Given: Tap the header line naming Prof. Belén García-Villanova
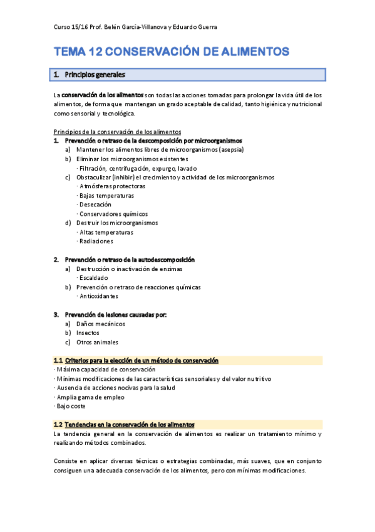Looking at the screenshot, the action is (x=136, y=27).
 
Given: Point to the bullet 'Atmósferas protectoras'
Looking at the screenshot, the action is (x=113, y=186).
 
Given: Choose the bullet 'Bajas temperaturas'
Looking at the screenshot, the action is (x=108, y=195).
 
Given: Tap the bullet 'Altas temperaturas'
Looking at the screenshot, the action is (x=106, y=231).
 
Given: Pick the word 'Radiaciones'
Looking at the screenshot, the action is (x=96, y=241).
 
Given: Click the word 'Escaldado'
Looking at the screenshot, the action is (x=94, y=277).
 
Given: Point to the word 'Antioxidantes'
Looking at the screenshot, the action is (x=99, y=295).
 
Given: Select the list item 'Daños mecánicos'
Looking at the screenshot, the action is (x=101, y=324).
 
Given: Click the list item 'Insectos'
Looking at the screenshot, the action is (x=88, y=333).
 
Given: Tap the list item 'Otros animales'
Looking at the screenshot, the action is (x=97, y=342).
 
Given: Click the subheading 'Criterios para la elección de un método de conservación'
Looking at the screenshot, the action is (x=141, y=361).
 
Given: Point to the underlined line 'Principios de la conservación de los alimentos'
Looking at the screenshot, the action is (x=118, y=132).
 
